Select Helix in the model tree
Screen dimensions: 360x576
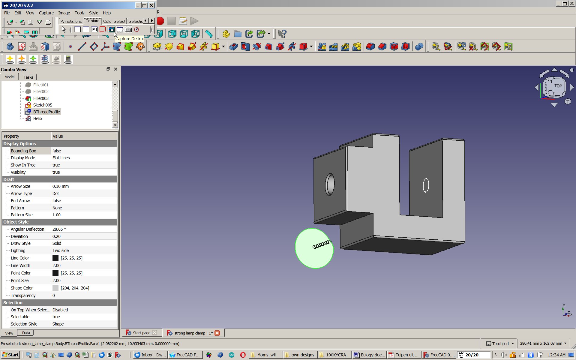[x=37, y=118]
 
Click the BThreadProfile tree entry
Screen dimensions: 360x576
[x=46, y=112]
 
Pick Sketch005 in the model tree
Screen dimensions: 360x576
[x=42, y=105]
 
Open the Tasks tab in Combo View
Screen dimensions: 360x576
[x=28, y=77]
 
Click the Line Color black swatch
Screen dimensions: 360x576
[x=55, y=258]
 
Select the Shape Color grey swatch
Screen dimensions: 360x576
[x=55, y=288]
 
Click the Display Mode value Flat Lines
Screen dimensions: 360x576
[x=61, y=158]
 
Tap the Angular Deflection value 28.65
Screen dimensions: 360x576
[x=59, y=229]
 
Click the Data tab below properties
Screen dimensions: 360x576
[x=26, y=333]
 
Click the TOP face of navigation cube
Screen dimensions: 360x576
[x=558, y=86]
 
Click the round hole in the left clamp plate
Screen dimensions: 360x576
[x=330, y=184]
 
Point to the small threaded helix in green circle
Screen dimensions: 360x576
[x=322, y=244]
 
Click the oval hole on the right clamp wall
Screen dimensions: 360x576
[x=426, y=185]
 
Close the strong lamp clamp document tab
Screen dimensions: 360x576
[x=217, y=333]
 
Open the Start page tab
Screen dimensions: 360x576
[x=141, y=333]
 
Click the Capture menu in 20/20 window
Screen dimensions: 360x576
[x=46, y=13]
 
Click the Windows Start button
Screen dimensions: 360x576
[x=10, y=355]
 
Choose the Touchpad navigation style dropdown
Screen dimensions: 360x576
[x=500, y=343]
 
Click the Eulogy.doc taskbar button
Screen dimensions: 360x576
[x=370, y=355]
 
